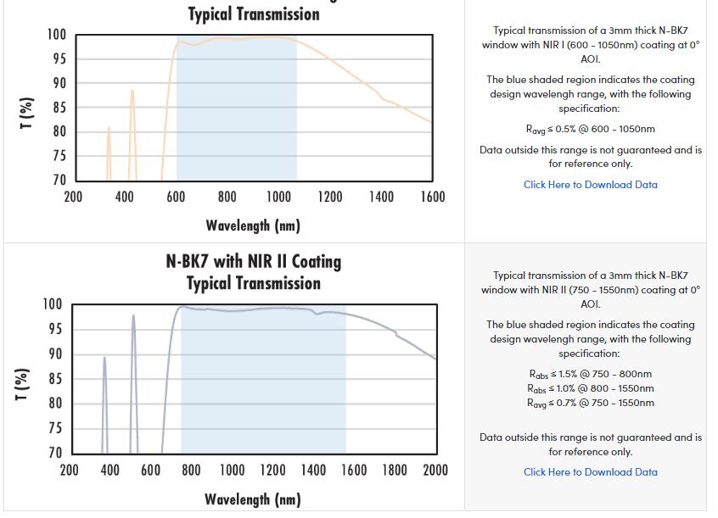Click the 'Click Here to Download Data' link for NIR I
(590, 185)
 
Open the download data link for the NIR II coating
(590, 472)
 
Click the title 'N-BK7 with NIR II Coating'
(253, 261)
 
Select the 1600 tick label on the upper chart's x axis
(432, 198)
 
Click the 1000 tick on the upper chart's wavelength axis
(278, 198)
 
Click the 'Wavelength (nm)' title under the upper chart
(253, 226)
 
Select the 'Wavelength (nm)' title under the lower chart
(253, 499)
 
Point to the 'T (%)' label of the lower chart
(26, 383)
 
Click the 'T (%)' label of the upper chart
(26, 113)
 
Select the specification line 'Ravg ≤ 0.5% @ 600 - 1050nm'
(590, 130)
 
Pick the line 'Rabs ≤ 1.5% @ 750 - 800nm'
(590, 374)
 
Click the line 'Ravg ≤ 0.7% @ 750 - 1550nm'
(590, 403)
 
